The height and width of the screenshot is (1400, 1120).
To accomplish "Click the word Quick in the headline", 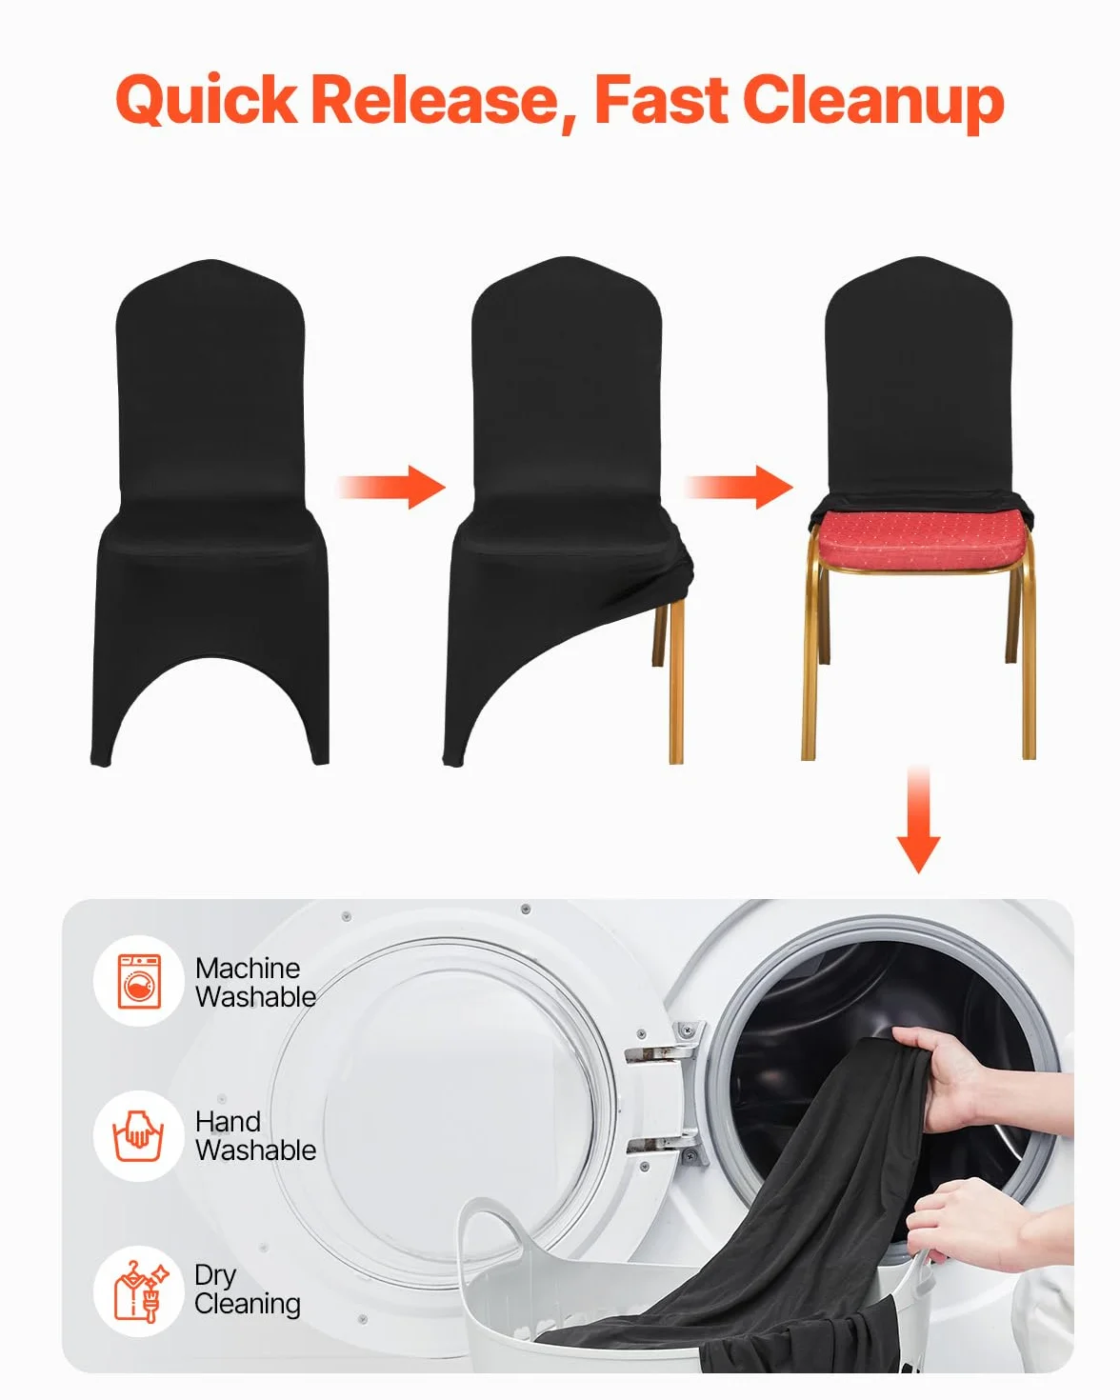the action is coord(207,101).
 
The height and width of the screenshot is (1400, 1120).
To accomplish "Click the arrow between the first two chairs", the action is coord(391,487).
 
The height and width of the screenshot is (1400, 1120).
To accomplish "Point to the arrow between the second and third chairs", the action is coord(739,487).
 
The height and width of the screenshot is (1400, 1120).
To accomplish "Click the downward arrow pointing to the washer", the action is coord(918,820).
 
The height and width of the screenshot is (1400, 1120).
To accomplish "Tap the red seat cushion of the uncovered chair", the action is coord(920,539).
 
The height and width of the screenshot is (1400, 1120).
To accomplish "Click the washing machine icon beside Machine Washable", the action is coord(139,982).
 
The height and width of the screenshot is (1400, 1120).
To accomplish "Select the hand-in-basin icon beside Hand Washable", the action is coord(139,1136).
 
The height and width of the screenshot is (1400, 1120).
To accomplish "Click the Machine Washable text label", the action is coord(256,982).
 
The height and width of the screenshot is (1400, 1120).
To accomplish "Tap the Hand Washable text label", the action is coord(256,1136).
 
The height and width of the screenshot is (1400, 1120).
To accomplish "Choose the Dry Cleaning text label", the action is coord(248,1290).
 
